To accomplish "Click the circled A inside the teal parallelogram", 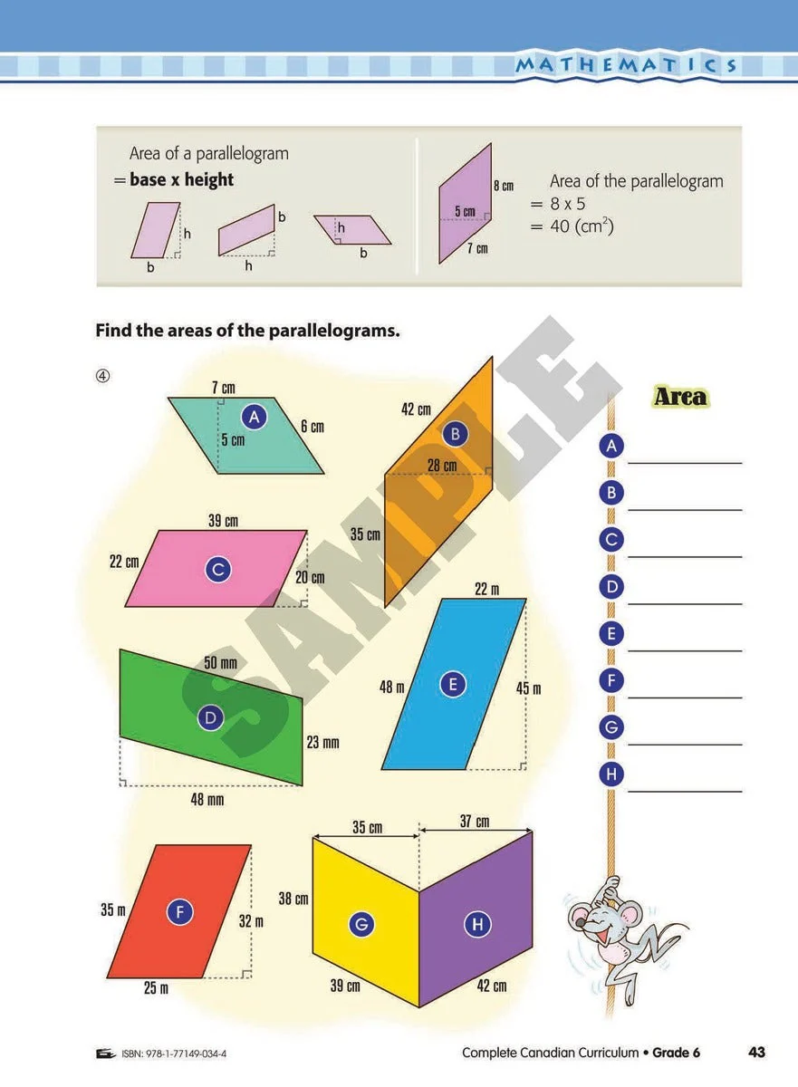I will (x=255, y=416).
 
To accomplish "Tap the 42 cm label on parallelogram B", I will (x=416, y=409).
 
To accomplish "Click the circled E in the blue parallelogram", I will (x=453, y=685).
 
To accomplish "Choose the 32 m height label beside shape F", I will (x=251, y=921).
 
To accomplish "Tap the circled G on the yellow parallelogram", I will (x=361, y=924).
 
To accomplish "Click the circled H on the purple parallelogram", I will (x=476, y=924).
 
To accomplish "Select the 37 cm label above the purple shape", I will (x=474, y=822).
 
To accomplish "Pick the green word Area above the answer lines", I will (x=680, y=397).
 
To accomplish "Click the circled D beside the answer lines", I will (x=612, y=586).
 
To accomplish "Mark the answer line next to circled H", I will (x=684, y=790).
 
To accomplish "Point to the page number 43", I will (x=757, y=1052).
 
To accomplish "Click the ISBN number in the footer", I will (x=178, y=1053).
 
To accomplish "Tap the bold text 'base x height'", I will (x=181, y=179).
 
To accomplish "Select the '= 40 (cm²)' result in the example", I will (x=572, y=226).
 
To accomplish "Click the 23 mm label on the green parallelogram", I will (x=322, y=743).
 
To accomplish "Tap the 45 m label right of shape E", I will (x=528, y=688).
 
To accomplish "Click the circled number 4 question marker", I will (x=103, y=377).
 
